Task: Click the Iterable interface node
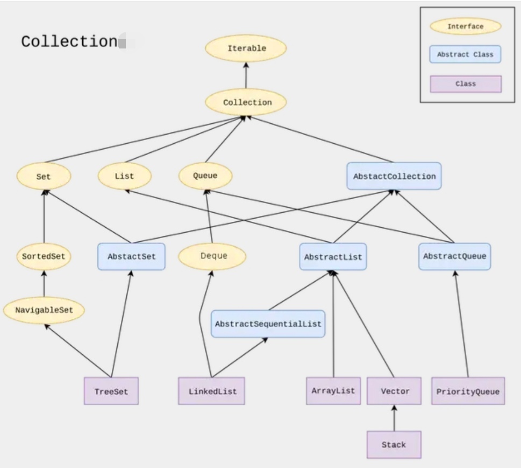click(x=246, y=48)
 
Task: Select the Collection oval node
click(x=246, y=102)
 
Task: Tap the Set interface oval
click(x=44, y=176)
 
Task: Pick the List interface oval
click(x=124, y=176)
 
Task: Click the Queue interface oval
click(x=205, y=176)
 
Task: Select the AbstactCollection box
click(x=394, y=176)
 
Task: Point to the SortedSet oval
click(x=44, y=256)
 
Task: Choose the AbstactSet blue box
click(x=131, y=256)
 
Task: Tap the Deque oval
click(x=212, y=256)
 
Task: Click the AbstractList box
click(x=333, y=257)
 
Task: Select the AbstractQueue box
click(x=454, y=256)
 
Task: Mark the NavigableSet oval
click(x=44, y=310)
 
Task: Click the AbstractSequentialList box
click(x=268, y=324)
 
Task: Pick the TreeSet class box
click(x=111, y=391)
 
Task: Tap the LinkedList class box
click(x=212, y=391)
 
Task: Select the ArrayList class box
click(x=333, y=390)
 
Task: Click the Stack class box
click(x=394, y=445)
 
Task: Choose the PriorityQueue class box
click(x=468, y=391)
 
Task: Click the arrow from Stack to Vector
click(x=394, y=418)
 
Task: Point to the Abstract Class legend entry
click(x=465, y=54)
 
